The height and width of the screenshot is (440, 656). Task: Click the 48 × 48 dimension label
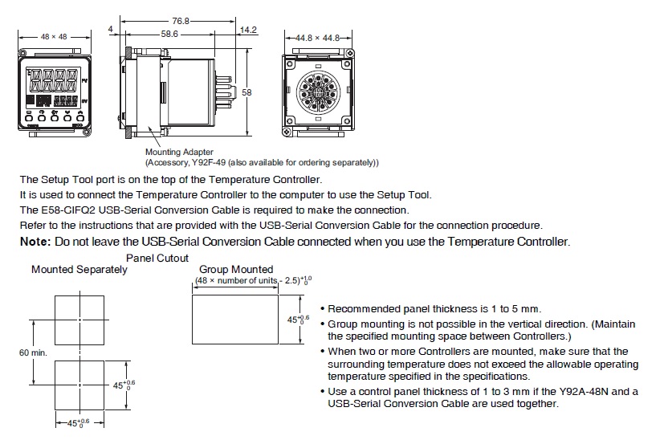tap(55, 36)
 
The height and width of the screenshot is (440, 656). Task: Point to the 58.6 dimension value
tap(169, 34)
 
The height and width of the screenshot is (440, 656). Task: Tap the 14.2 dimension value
tap(248, 31)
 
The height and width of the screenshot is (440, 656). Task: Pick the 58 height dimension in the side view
tap(247, 93)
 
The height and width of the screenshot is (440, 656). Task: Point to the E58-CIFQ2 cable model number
tap(70, 210)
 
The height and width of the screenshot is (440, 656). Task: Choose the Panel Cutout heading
tap(157, 259)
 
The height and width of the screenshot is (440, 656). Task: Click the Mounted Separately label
tap(79, 270)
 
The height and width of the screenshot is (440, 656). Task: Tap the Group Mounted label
tap(236, 270)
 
